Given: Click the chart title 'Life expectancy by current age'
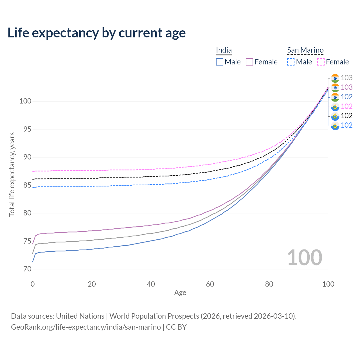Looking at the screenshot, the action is point(96,33).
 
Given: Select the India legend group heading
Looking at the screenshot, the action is point(224,50).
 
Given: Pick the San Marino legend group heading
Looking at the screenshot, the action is point(305,50).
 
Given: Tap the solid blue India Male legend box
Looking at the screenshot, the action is point(219,62).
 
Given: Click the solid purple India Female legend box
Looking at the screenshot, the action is point(249,62).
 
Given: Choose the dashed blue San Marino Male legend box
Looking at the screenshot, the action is point(291,62).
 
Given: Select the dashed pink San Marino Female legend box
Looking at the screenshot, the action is point(321,62).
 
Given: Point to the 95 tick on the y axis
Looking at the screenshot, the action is point(27,129).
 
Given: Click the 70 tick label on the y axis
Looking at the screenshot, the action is point(27,269).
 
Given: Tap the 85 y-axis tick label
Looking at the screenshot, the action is point(27,185).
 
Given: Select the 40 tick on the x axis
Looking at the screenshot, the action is point(151,284).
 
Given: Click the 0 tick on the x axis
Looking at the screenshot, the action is point(33,284).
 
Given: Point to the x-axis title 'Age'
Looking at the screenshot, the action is point(180,293).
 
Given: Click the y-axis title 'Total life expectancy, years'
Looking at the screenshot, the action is point(12,175).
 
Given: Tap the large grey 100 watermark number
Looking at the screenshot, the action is point(305,258).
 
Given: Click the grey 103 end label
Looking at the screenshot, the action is point(346,78).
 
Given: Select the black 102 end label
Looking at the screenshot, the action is point(346,116).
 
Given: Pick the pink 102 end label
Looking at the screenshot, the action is point(346,106).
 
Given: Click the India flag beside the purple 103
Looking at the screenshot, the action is point(335,88).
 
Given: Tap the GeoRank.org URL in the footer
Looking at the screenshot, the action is point(86,327).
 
